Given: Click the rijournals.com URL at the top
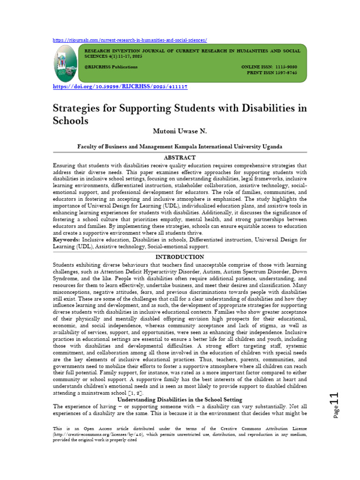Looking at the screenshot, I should [x=129, y=40].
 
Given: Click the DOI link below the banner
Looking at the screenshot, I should [x=120, y=87].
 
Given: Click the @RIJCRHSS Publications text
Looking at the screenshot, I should [x=111, y=67].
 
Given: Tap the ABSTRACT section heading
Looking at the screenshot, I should [x=180, y=158].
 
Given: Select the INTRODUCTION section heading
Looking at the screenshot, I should [x=180, y=257].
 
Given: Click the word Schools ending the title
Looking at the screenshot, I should [x=70, y=120].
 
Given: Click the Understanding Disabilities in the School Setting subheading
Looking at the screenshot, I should [x=180, y=399].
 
